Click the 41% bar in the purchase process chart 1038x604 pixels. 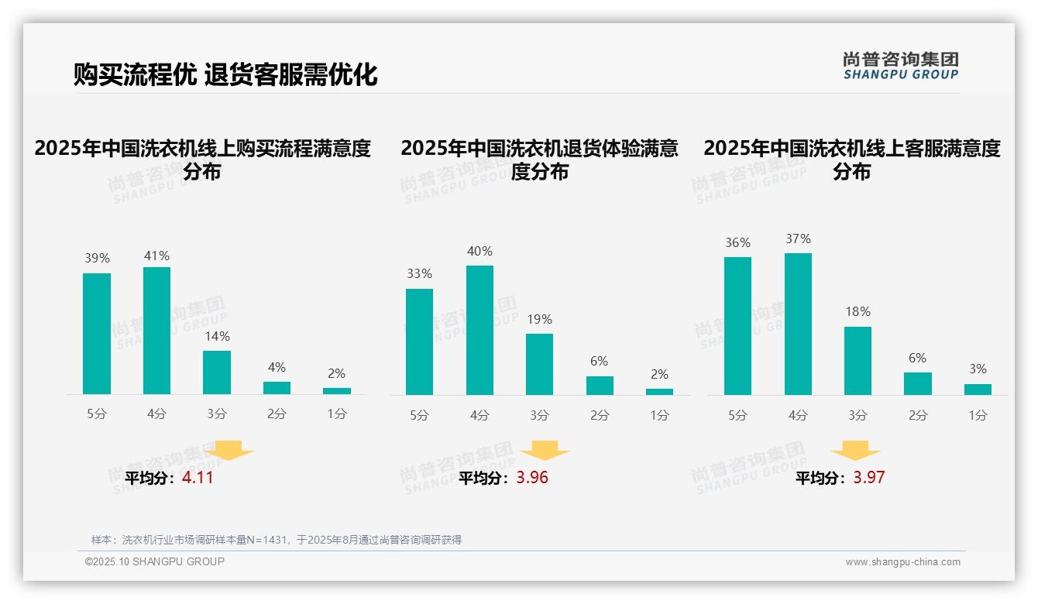(x=156, y=331)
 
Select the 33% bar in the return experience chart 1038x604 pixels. (x=419, y=341)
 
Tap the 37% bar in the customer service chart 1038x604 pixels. (x=798, y=324)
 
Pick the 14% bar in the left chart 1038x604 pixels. (x=217, y=372)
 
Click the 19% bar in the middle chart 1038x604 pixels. (x=539, y=364)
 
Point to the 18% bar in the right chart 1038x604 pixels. (x=858, y=361)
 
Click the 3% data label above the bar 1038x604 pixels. (x=978, y=369)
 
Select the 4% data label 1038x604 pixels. (x=277, y=367)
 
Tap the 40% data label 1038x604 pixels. (x=479, y=252)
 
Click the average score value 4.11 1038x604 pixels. (x=198, y=478)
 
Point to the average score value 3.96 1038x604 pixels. (x=532, y=478)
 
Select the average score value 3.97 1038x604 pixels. (x=869, y=478)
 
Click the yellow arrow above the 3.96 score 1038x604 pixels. (x=545, y=451)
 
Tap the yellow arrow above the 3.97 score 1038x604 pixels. (x=855, y=451)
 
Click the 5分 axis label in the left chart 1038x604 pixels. (x=97, y=414)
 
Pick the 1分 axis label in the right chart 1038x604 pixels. (x=978, y=416)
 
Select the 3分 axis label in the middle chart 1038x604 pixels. (x=539, y=416)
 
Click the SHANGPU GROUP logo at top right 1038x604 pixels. (x=901, y=66)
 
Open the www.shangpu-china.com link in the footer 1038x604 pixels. (x=902, y=562)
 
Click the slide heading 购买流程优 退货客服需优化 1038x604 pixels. (x=225, y=74)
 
